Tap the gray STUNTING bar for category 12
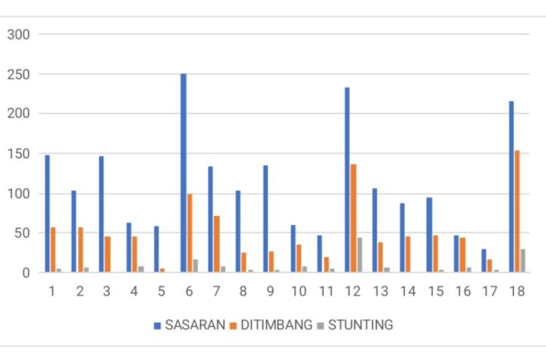coord(359,255)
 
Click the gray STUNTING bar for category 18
coord(522,261)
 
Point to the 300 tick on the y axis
coord(17,34)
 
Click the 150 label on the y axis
coord(17,154)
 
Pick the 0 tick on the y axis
coord(25,272)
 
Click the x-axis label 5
coord(160,290)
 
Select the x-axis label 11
coord(325,290)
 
